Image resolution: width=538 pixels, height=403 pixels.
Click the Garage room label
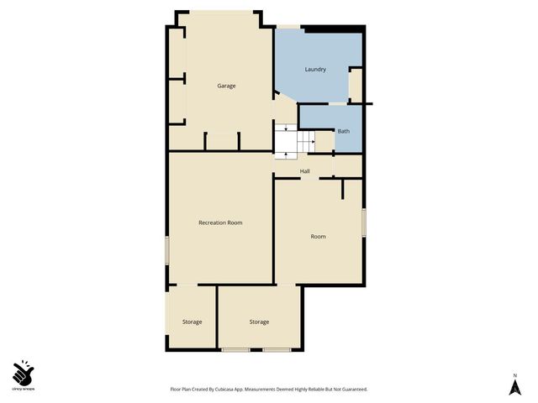[226, 86]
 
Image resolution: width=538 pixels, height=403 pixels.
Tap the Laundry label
[315, 69]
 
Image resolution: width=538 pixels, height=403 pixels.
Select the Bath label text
[343, 131]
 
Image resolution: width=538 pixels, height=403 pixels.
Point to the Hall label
[305, 171]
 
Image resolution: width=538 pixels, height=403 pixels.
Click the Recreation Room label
[220, 222]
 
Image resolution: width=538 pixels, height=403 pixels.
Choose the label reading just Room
[318, 237]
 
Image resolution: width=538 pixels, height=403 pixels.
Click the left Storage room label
[193, 322]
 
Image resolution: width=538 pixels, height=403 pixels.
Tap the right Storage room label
[259, 322]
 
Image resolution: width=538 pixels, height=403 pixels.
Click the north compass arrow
[515, 387]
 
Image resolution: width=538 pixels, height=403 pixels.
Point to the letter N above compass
[515, 374]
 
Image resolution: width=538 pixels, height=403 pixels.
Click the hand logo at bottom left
[23, 372]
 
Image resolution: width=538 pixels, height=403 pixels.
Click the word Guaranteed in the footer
[351, 390]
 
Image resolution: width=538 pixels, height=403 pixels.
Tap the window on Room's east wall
[363, 222]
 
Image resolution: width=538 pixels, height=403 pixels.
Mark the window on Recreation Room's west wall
[166, 249]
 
